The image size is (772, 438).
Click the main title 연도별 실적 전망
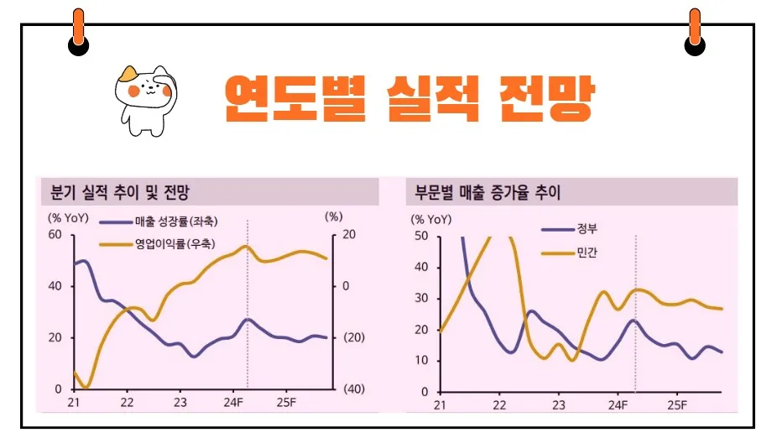(x=409, y=99)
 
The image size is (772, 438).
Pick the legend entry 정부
(x=587, y=228)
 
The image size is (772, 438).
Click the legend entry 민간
(x=587, y=252)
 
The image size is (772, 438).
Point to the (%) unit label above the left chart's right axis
(x=333, y=216)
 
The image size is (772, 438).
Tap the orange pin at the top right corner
(x=695, y=29)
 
